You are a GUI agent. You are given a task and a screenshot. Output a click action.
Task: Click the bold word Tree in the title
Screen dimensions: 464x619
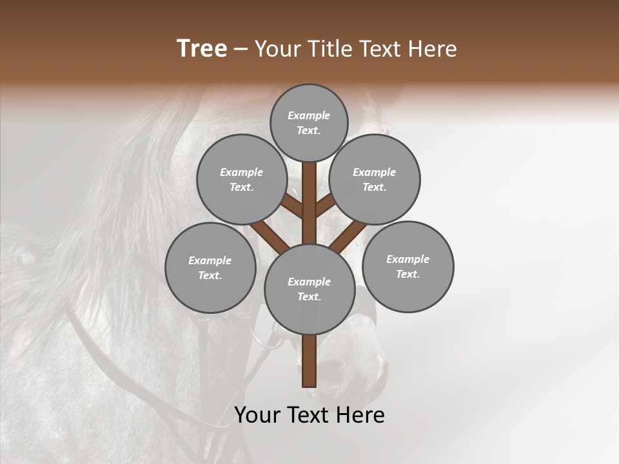pyautogui.click(x=202, y=49)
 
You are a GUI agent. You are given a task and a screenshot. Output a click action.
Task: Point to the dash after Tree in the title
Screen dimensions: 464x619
pyautogui.click(x=241, y=50)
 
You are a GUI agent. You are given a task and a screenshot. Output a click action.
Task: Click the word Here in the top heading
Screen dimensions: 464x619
pyautogui.click(x=432, y=49)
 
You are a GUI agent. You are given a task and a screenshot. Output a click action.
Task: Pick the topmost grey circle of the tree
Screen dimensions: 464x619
pyautogui.click(x=309, y=122)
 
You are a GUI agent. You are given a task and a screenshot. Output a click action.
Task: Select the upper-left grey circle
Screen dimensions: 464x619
pyautogui.click(x=241, y=179)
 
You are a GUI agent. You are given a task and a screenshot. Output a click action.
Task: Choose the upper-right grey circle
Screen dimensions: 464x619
pyautogui.click(x=375, y=179)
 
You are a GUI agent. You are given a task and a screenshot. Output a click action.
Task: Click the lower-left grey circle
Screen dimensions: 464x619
pyautogui.click(x=210, y=267)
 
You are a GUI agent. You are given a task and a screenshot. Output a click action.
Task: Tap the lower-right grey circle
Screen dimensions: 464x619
pyautogui.click(x=408, y=266)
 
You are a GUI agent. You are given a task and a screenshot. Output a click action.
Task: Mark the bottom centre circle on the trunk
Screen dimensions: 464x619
pyautogui.click(x=309, y=289)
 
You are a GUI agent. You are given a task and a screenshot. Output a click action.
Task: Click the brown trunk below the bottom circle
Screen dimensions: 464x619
pyautogui.click(x=309, y=361)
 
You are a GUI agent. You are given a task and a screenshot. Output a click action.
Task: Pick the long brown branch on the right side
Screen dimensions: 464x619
pyautogui.click(x=348, y=235)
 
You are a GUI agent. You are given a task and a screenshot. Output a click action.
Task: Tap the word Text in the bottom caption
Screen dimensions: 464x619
pyautogui.click(x=308, y=416)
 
